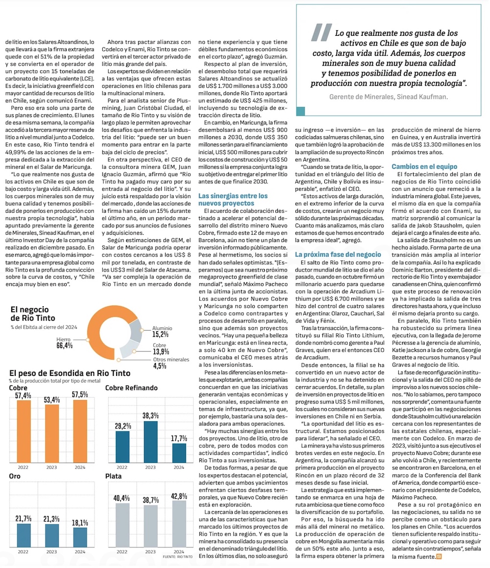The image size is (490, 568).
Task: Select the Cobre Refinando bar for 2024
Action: click(x=179, y=453)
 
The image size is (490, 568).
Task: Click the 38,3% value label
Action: click(x=151, y=415)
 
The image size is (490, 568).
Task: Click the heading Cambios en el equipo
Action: click(x=424, y=167)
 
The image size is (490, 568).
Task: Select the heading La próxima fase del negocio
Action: click(x=338, y=254)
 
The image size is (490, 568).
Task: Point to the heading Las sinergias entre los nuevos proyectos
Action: click(x=233, y=199)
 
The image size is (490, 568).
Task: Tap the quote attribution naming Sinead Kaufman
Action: click(x=389, y=97)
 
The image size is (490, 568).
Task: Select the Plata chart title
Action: click(x=113, y=476)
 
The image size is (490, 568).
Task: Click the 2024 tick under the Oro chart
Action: click(x=80, y=551)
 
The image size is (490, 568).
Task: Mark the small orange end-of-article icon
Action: click(x=439, y=557)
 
